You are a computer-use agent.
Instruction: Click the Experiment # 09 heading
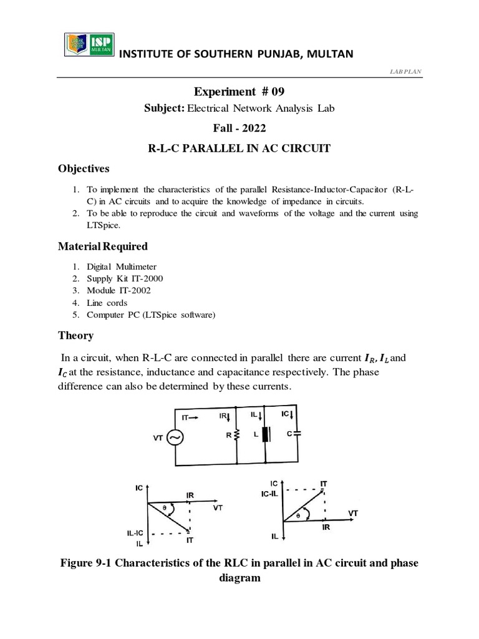[240, 92]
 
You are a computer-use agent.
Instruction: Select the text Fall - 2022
[239, 130]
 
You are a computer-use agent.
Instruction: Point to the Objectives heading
[84, 168]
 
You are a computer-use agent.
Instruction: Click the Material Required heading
[103, 246]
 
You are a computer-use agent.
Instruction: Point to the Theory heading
[75, 335]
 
